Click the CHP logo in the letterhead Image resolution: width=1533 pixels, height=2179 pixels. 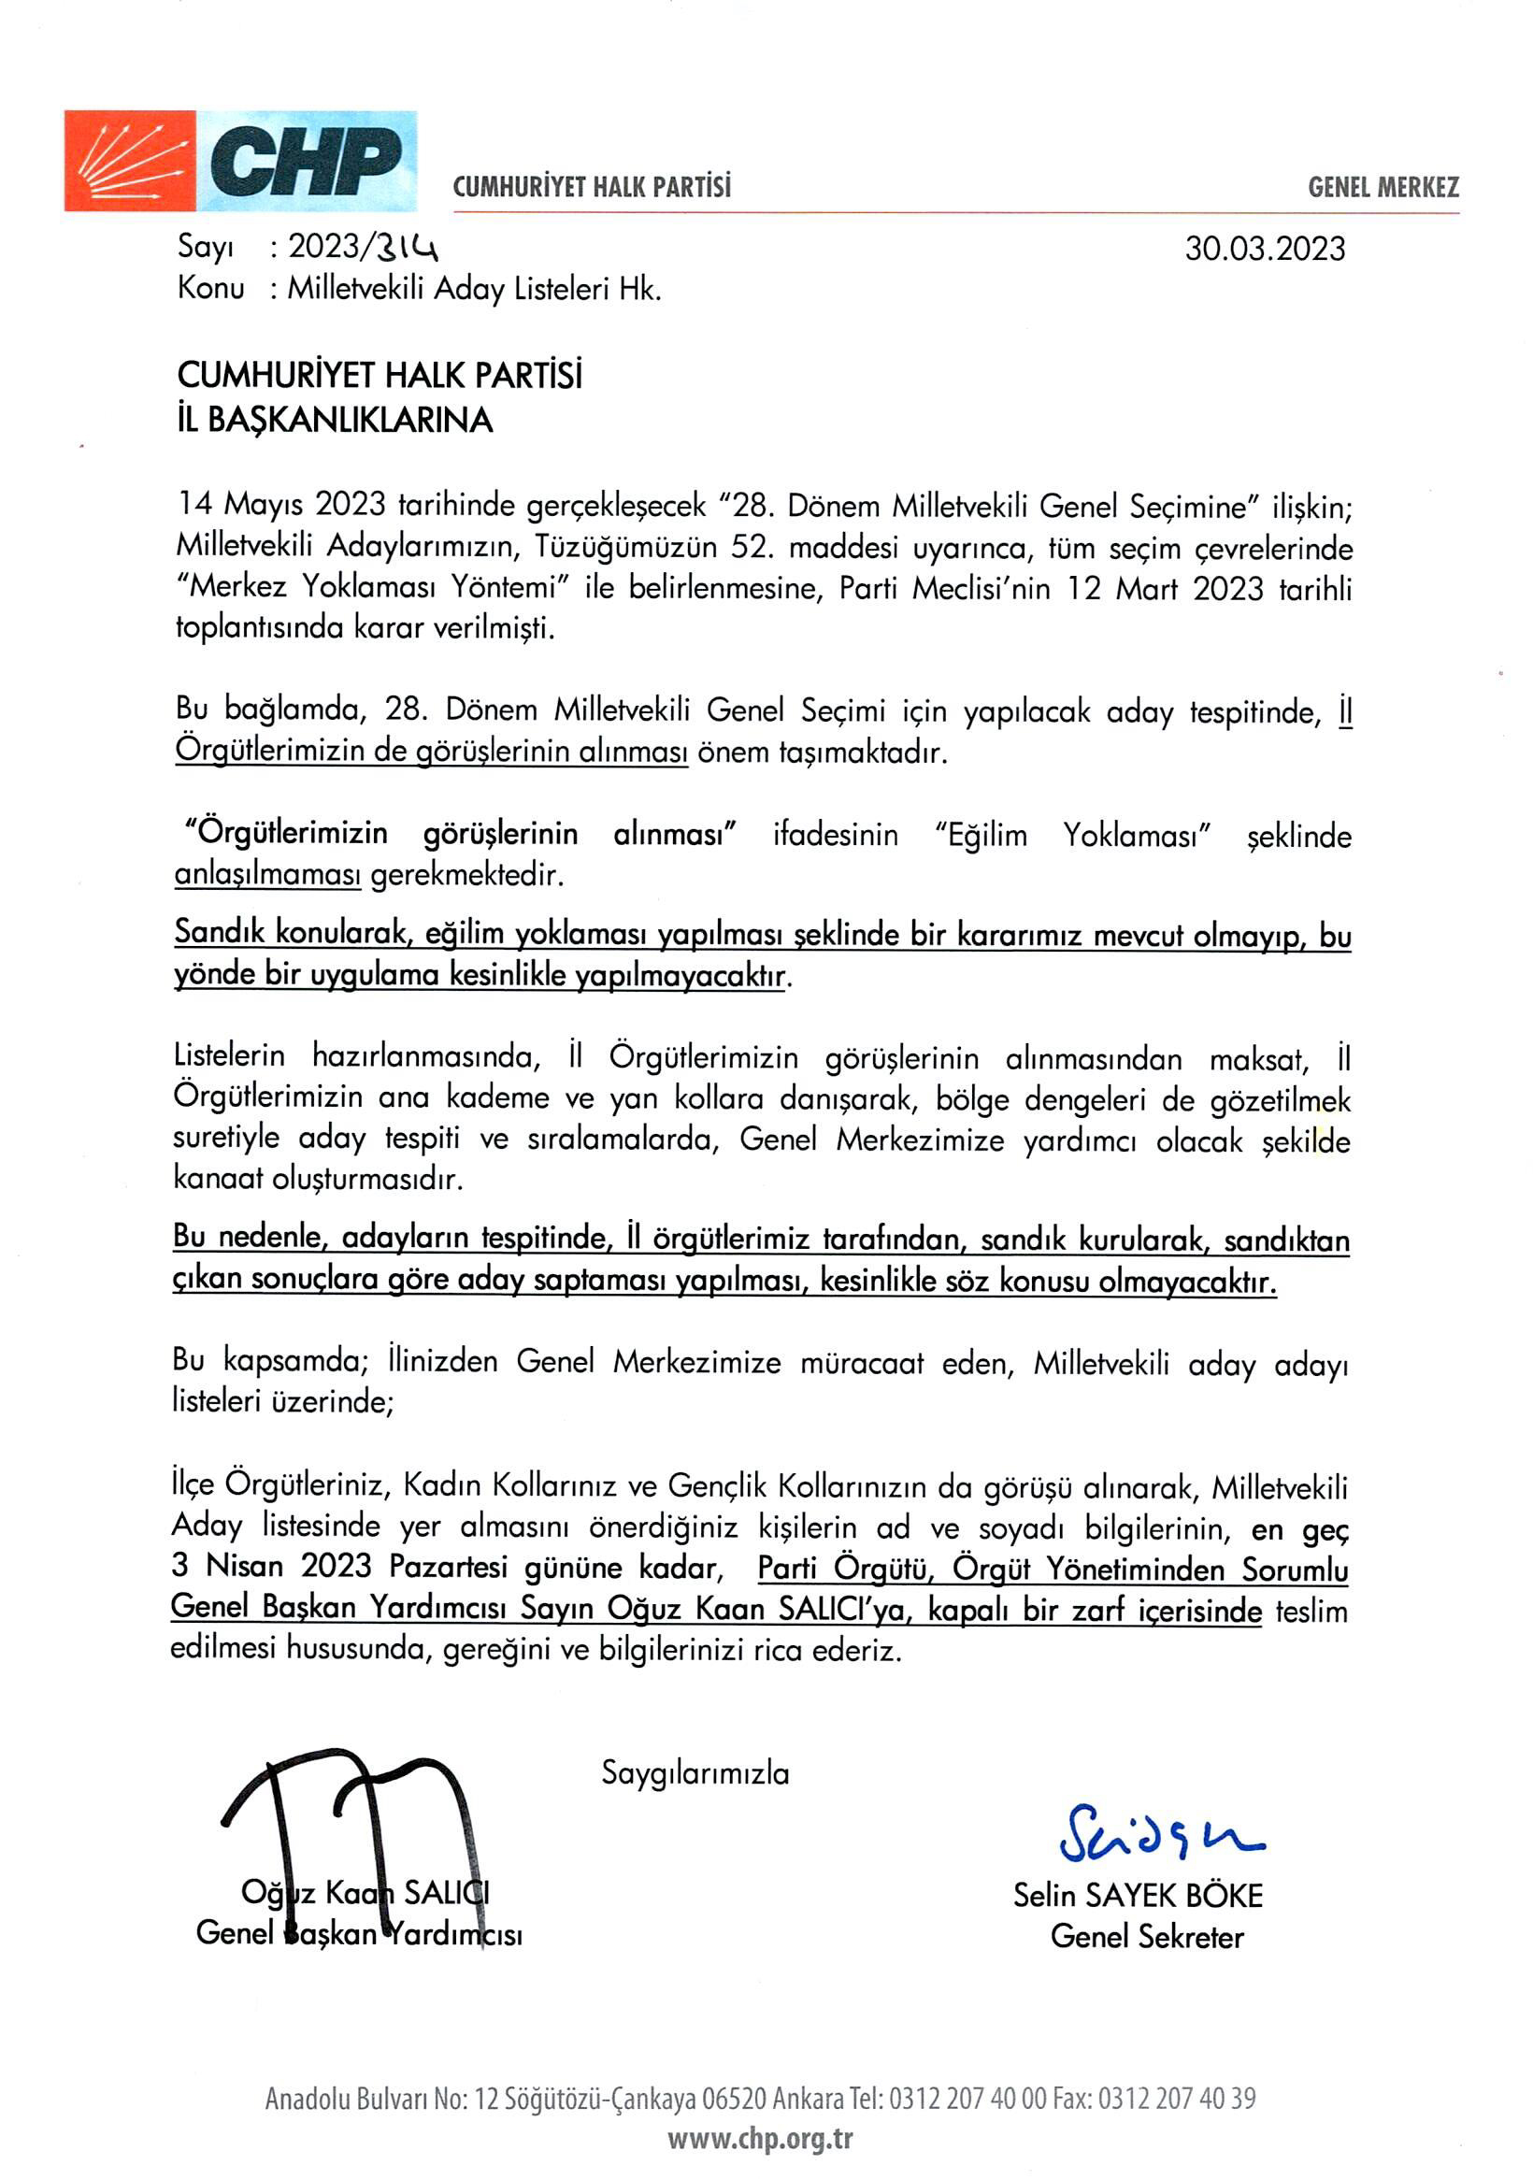240,161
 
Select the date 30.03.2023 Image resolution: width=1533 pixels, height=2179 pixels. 1265,249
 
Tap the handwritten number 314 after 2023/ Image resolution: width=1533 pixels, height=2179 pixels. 406,248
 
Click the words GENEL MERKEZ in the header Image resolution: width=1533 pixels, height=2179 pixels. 1383,187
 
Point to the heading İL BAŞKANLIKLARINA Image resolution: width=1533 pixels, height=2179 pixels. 334,420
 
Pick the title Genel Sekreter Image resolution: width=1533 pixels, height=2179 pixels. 1147,1936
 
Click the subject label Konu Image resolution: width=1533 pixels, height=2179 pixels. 210,288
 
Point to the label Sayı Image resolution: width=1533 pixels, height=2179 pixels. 205,247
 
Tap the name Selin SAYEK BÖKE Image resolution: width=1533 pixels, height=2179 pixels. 1138,1895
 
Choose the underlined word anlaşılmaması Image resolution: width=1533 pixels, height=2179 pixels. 267,874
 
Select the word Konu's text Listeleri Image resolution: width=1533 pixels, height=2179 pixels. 562,289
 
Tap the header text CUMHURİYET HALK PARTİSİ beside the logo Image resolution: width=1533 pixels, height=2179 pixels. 592,187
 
